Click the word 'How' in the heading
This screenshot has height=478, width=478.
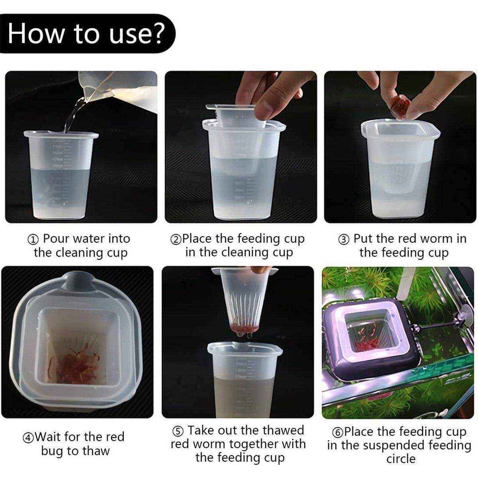36,33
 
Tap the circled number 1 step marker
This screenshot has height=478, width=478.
33,240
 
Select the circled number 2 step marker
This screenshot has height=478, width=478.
176,240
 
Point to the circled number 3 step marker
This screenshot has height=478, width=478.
344,240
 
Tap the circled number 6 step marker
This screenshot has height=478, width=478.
338,433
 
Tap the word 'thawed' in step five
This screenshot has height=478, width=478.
281,430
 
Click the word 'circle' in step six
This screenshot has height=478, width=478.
401,458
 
